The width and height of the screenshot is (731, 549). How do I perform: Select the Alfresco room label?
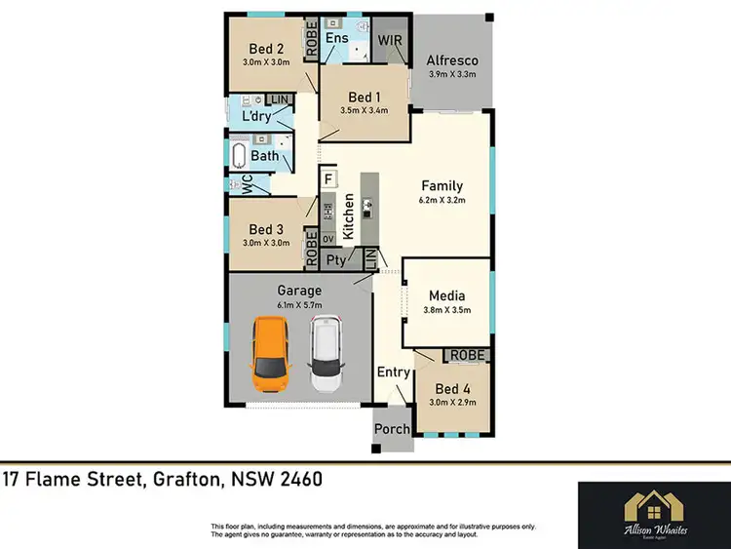(x=450, y=60)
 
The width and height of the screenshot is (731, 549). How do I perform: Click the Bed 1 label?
(x=365, y=97)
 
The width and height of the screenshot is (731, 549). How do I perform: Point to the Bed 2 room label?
(x=266, y=49)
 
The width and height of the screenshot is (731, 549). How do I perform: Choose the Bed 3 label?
(x=266, y=229)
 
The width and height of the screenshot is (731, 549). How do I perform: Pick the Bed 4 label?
(x=453, y=387)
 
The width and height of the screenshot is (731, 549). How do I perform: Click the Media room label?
(x=447, y=295)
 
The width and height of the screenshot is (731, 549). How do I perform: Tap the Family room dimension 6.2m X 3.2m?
(x=442, y=201)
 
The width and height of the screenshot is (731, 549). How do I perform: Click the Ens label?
(x=337, y=38)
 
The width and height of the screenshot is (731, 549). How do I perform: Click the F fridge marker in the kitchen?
(x=329, y=179)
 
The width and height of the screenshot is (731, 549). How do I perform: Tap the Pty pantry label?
(x=336, y=259)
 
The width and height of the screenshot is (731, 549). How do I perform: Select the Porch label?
(x=393, y=429)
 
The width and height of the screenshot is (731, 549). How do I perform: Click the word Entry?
(x=393, y=372)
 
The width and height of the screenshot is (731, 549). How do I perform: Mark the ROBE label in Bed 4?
(x=465, y=356)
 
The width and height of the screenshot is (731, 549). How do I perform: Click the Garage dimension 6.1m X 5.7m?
(x=299, y=305)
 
